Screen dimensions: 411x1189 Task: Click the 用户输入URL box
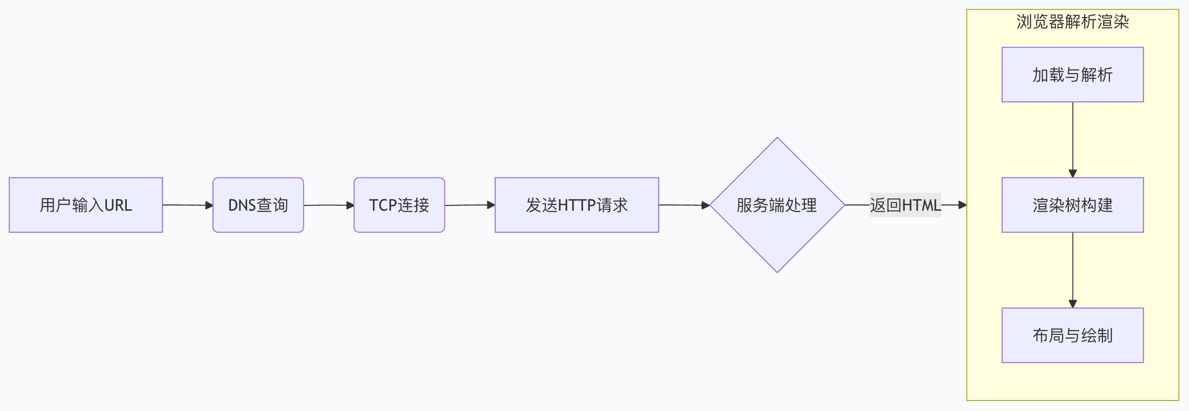(x=86, y=205)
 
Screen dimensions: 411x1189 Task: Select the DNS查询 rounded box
(x=258, y=205)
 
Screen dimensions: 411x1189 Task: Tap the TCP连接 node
(x=399, y=205)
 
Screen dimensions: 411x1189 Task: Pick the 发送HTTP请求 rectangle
(x=576, y=205)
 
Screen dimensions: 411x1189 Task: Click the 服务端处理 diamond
(x=777, y=205)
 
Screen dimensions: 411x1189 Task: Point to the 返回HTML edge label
(x=905, y=205)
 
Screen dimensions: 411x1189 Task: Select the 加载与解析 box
(x=1073, y=75)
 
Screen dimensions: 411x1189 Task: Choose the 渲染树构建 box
(x=1073, y=205)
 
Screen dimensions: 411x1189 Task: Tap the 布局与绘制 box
(x=1073, y=335)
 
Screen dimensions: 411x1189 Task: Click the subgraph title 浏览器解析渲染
(x=1073, y=22)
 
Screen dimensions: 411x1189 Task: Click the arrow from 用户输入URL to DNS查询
(x=187, y=205)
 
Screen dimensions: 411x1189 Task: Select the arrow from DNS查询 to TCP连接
(x=328, y=205)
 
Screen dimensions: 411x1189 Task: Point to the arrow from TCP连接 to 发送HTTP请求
(x=470, y=205)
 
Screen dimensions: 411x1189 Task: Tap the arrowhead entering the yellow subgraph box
(x=962, y=205)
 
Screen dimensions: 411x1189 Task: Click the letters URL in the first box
(x=118, y=205)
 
